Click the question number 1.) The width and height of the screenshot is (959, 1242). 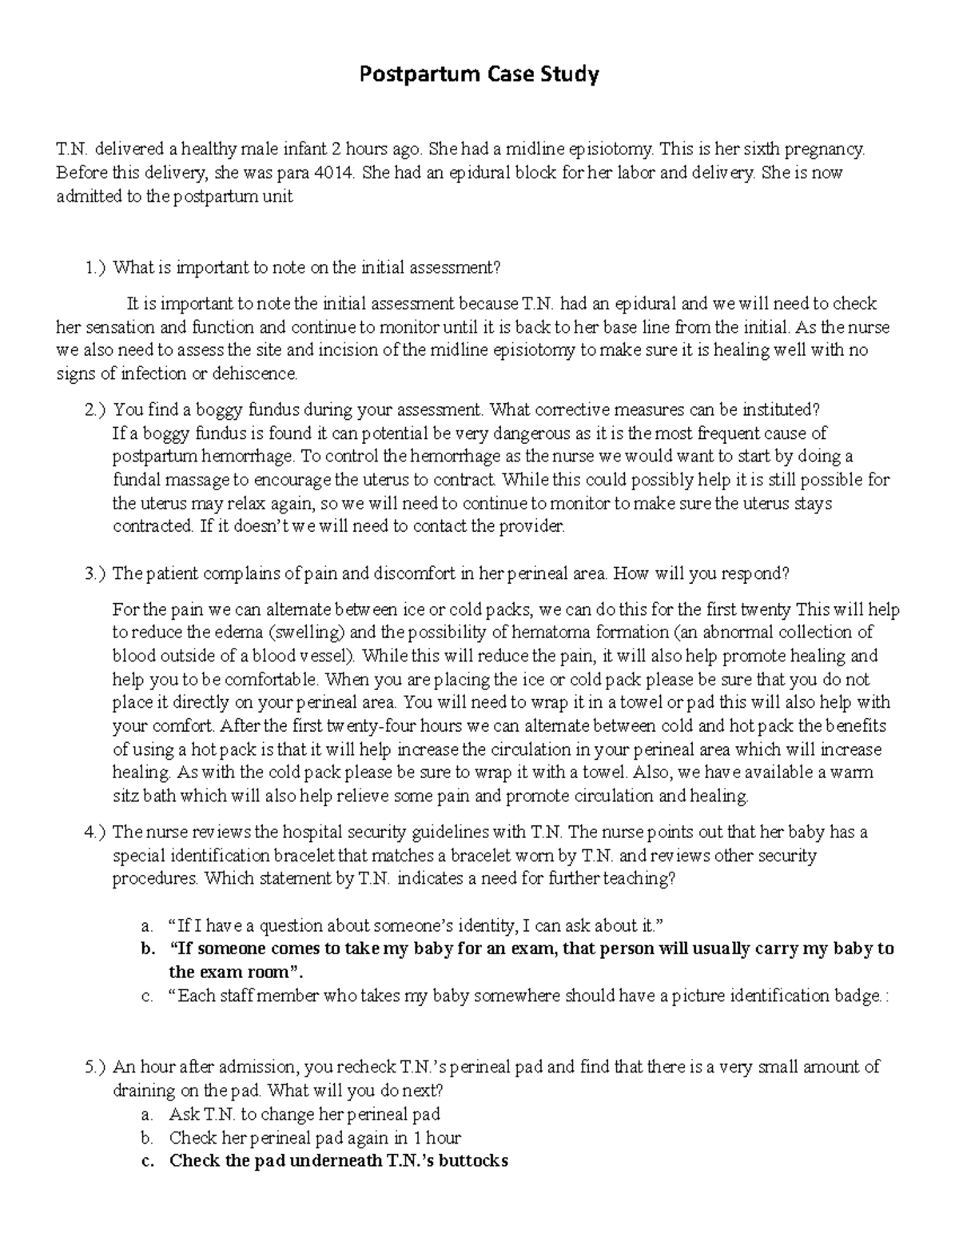94,268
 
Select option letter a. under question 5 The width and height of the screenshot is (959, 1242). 146,1114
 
